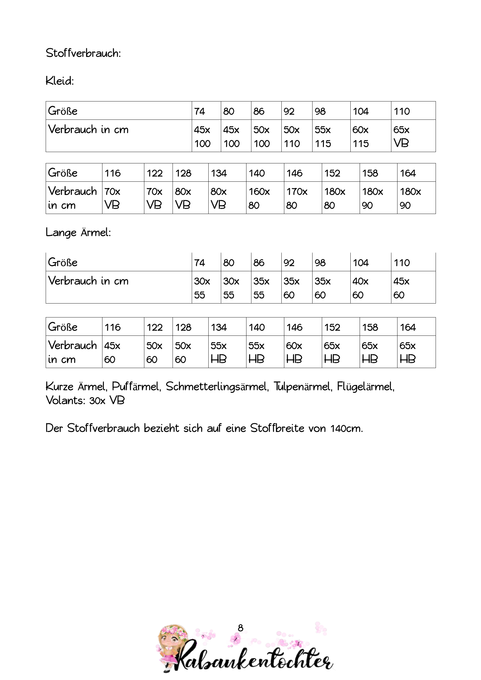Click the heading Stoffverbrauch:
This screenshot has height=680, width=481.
click(x=83, y=53)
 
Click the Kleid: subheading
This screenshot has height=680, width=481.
click(x=60, y=81)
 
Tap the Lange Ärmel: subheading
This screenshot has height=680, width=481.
click(x=78, y=233)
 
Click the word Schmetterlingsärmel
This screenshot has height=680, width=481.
click(x=217, y=386)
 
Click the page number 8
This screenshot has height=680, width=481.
click(x=240, y=628)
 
